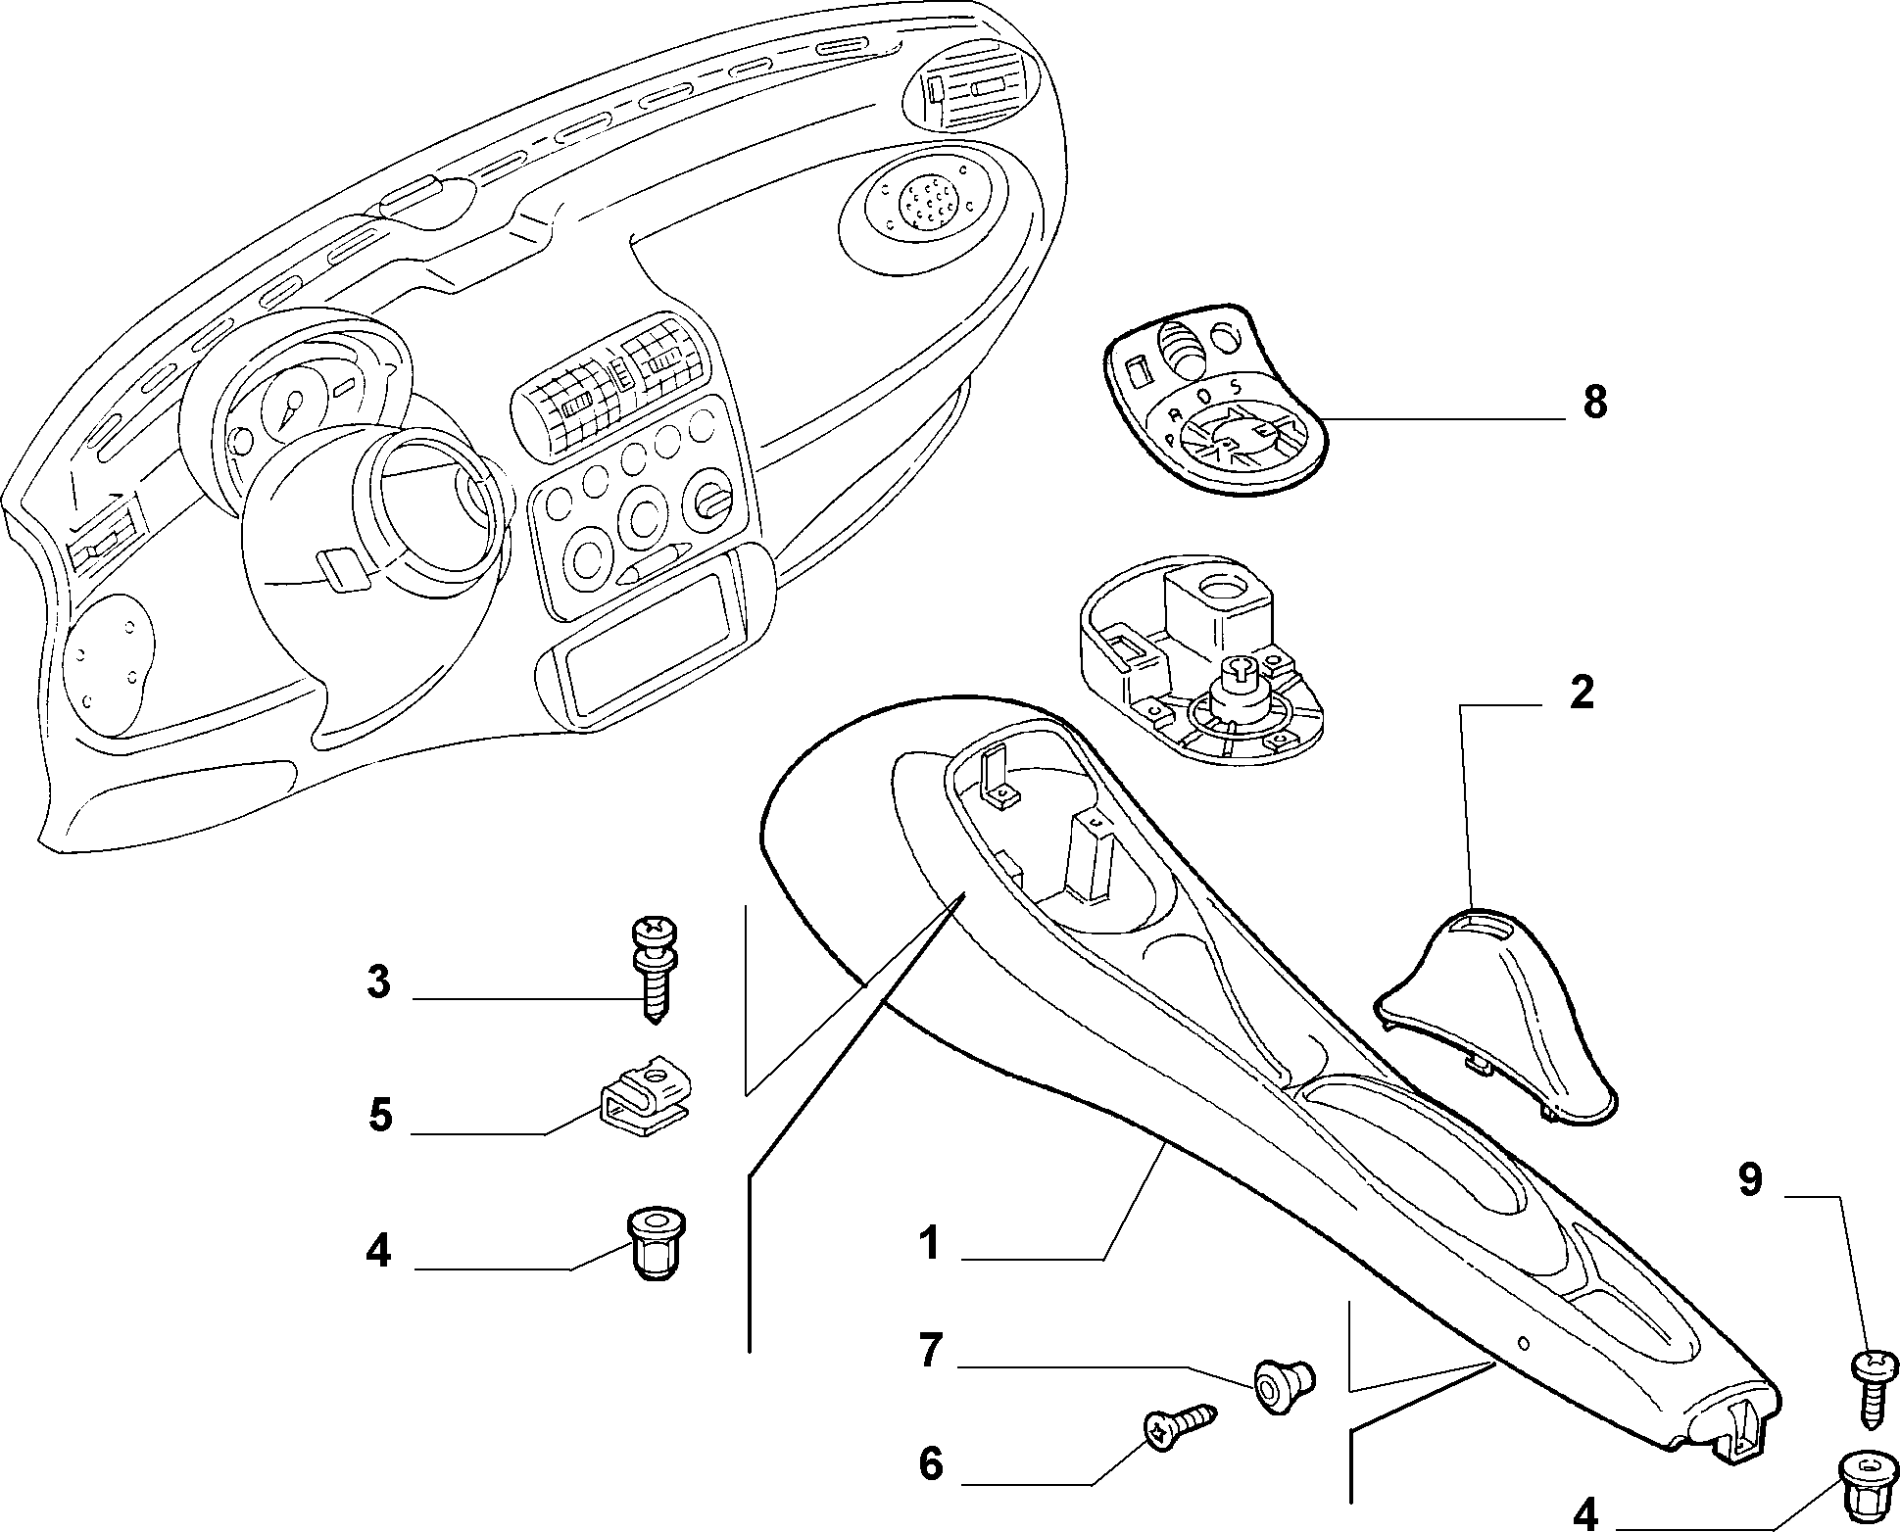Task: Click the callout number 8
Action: point(1595,403)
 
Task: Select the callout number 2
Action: point(1581,694)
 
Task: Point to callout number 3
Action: point(378,981)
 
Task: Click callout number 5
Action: point(379,1116)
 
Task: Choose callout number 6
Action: point(930,1464)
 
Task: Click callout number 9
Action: point(1750,1180)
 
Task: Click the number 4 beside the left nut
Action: point(378,1251)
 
